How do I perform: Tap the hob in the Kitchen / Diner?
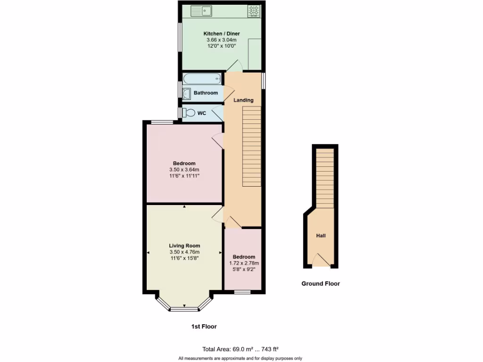point(254,11)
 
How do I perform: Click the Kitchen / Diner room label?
point(221,34)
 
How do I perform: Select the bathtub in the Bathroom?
point(201,78)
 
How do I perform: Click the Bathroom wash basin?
point(186,93)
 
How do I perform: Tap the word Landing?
point(244,100)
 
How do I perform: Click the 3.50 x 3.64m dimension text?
point(184,170)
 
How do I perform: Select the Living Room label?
point(184,246)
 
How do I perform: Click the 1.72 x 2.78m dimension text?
point(244,263)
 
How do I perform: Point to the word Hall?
point(321,236)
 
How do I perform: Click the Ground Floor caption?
point(321,284)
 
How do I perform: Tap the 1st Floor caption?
point(204,326)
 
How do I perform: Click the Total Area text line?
point(241,349)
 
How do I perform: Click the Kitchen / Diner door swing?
point(234,66)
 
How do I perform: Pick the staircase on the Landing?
point(251,146)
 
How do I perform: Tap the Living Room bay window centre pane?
point(184,309)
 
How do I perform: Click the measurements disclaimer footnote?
point(241,359)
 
